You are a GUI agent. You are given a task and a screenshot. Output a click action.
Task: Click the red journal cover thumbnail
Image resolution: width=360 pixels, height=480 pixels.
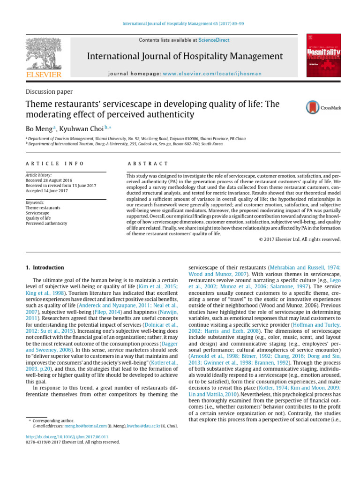[x=323, y=56]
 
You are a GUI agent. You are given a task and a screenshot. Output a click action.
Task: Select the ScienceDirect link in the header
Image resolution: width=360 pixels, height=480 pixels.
[x=214, y=40]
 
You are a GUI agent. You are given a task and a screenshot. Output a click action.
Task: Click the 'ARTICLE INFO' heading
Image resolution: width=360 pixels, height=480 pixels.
[x=54, y=164]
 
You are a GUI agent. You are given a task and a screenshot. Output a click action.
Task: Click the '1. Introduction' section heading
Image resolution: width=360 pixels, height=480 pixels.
[x=45, y=268]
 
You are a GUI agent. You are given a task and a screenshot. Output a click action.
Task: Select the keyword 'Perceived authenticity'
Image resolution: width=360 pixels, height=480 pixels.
[x=46, y=224]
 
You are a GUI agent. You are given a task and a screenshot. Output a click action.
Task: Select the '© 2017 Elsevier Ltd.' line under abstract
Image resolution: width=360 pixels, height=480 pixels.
[x=300, y=240]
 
